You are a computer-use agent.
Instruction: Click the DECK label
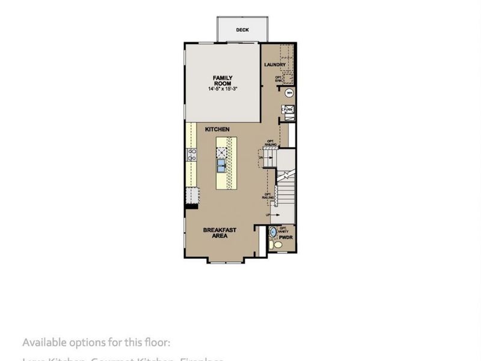[x=242, y=29]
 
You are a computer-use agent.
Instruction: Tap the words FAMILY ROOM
[x=222, y=81]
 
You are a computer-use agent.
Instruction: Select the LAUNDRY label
[x=274, y=65]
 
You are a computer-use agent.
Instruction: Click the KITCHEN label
[x=217, y=129]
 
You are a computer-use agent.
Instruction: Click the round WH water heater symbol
[x=289, y=93]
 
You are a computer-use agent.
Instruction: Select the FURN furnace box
[x=288, y=109]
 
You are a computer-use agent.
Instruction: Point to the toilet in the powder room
[x=271, y=245]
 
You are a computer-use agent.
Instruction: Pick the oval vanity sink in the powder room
[x=272, y=232]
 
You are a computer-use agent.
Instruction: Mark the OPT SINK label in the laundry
[x=279, y=78]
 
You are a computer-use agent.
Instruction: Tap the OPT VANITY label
[x=283, y=229]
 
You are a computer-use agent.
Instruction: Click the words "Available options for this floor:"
[x=96, y=342]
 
